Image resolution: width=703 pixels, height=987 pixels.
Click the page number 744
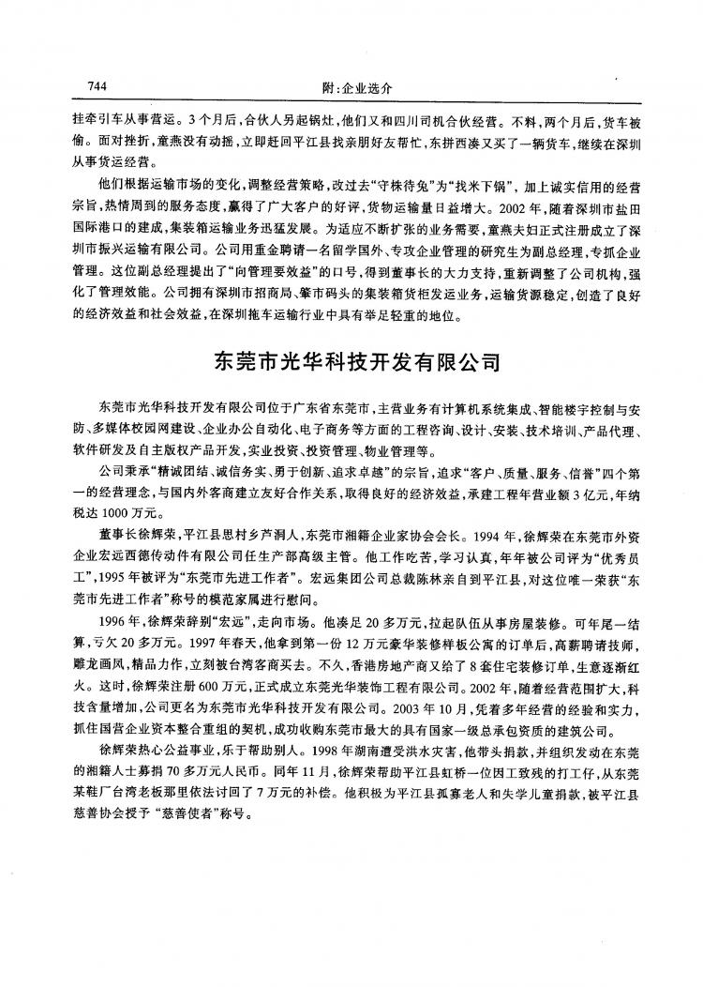(95, 85)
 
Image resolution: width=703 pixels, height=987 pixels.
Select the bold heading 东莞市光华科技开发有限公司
(351, 360)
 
